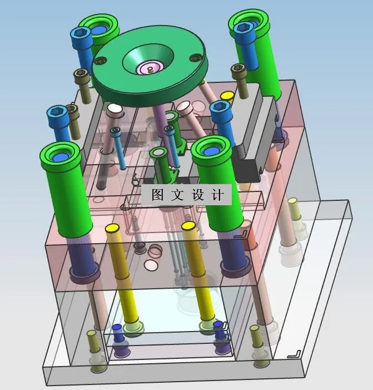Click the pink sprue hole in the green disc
[149, 68]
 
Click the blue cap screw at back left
[81, 35]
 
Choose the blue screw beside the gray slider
[220, 110]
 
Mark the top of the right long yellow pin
[188, 226]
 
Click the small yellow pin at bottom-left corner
[92, 335]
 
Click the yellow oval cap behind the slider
[227, 96]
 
